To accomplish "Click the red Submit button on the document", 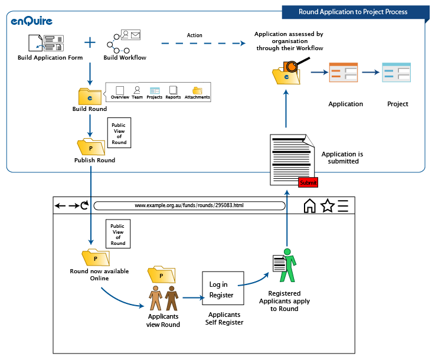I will click(308, 182).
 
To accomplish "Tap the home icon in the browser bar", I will click(309, 206).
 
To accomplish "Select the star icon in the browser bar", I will click(327, 205).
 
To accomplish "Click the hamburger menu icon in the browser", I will click(343, 205).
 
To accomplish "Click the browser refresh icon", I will click(84, 205).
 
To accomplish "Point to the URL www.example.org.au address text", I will click(188, 205).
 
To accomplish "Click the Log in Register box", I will click(223, 289).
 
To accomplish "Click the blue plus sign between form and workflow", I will click(90, 42).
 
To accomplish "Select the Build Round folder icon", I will click(89, 96).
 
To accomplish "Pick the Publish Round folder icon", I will click(89, 146).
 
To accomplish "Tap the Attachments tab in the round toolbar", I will click(197, 92).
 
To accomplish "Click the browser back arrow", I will click(60, 206).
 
